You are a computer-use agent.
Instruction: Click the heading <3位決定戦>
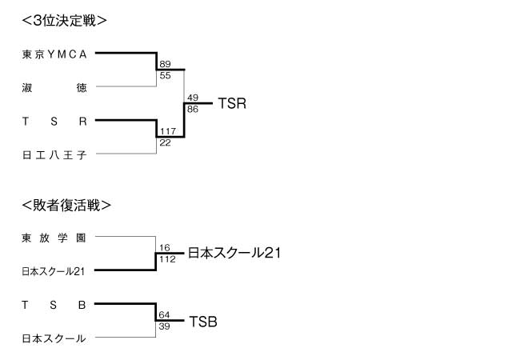65,21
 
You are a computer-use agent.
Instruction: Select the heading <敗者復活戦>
66,205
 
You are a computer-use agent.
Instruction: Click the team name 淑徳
54,88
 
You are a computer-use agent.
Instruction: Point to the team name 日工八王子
54,154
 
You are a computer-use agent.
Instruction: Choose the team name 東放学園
54,238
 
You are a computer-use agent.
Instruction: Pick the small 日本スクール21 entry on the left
54,271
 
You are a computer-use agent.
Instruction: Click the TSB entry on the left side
54,305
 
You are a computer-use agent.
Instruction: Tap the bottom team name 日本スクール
54,338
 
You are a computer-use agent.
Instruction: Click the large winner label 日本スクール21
234,253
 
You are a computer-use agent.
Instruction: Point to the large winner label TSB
203,322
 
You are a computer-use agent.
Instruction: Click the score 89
166,64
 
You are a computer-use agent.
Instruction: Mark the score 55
166,75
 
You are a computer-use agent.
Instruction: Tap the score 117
168,131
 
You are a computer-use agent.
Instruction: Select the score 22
166,142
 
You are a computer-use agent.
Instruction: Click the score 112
167,259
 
